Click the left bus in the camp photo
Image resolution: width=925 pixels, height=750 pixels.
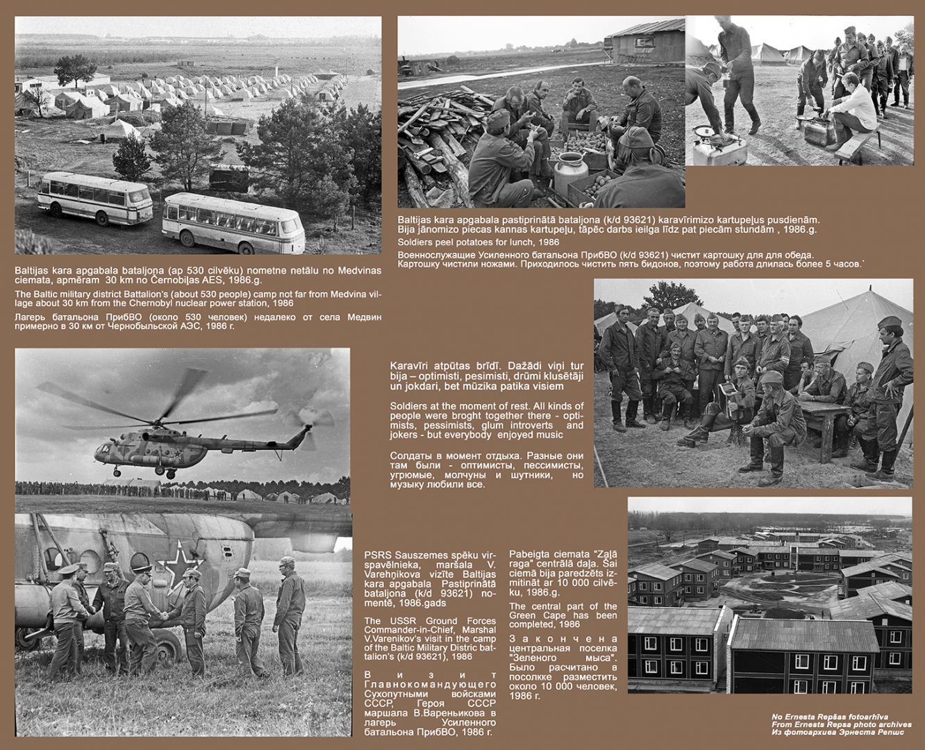94,199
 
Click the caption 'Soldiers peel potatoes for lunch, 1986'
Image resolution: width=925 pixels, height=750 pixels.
478,242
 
